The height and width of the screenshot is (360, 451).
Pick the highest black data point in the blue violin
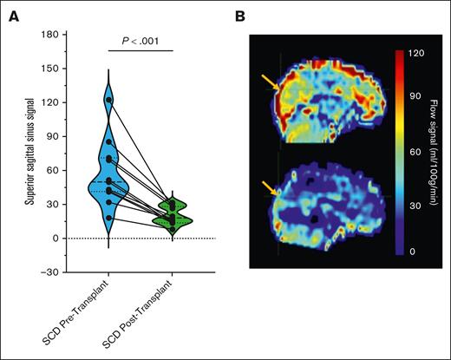109,100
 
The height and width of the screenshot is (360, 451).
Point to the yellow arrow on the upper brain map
269,83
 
